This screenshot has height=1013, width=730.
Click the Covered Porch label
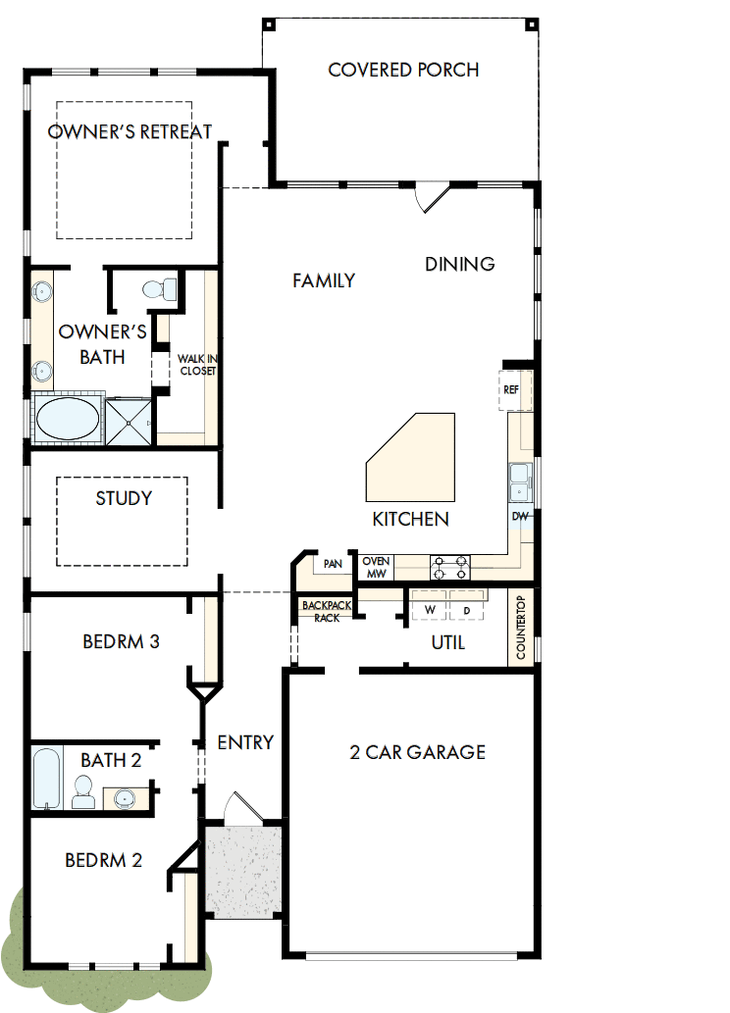point(403,70)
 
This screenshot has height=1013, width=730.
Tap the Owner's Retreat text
point(130,131)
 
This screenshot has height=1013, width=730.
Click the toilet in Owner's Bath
point(160,288)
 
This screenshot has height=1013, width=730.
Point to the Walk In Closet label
point(196,365)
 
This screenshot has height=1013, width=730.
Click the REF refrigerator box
point(511,389)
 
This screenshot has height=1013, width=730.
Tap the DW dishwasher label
point(520,516)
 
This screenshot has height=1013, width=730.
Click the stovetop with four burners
point(450,567)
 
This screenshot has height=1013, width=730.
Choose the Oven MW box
point(377,567)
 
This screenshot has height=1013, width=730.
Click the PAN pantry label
point(333,564)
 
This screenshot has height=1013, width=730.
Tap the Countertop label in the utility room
point(521,629)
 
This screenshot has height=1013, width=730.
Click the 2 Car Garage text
point(417,752)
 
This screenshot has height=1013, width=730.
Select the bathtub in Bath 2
point(46,778)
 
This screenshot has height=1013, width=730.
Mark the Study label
point(124,498)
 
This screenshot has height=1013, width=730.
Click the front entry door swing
point(239,806)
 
